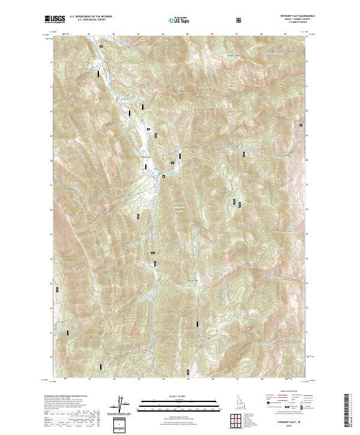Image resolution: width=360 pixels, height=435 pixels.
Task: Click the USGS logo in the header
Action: click(55, 20)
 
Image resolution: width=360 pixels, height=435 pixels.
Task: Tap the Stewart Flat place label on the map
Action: click(146, 158)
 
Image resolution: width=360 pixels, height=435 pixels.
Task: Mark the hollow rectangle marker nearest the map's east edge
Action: click(301, 125)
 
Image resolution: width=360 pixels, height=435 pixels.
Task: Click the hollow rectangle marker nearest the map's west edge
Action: click(58, 289)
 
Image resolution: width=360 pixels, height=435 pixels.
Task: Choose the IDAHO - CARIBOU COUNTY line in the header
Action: click(296, 20)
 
